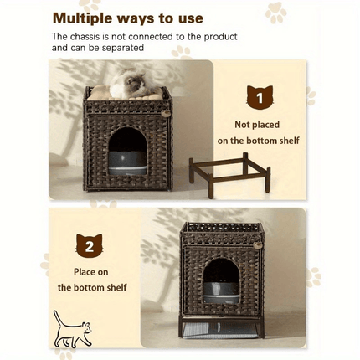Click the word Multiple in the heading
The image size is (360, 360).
point(83,18)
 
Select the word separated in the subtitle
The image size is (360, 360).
point(123,48)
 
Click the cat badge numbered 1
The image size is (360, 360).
point(260,97)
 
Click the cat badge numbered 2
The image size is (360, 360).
point(90,245)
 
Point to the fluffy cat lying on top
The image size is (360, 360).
point(129,83)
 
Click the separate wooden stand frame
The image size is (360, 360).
point(229,174)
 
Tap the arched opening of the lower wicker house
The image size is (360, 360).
point(221,280)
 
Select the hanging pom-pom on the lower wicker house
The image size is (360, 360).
point(258,245)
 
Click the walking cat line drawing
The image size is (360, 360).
point(73,329)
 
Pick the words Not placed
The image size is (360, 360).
point(257,125)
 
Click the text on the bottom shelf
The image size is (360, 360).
point(258,141)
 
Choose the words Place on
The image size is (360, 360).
point(91,272)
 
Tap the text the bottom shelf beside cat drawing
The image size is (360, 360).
point(92,287)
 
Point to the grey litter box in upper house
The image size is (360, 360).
point(127,163)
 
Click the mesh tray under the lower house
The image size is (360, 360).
point(220,330)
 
